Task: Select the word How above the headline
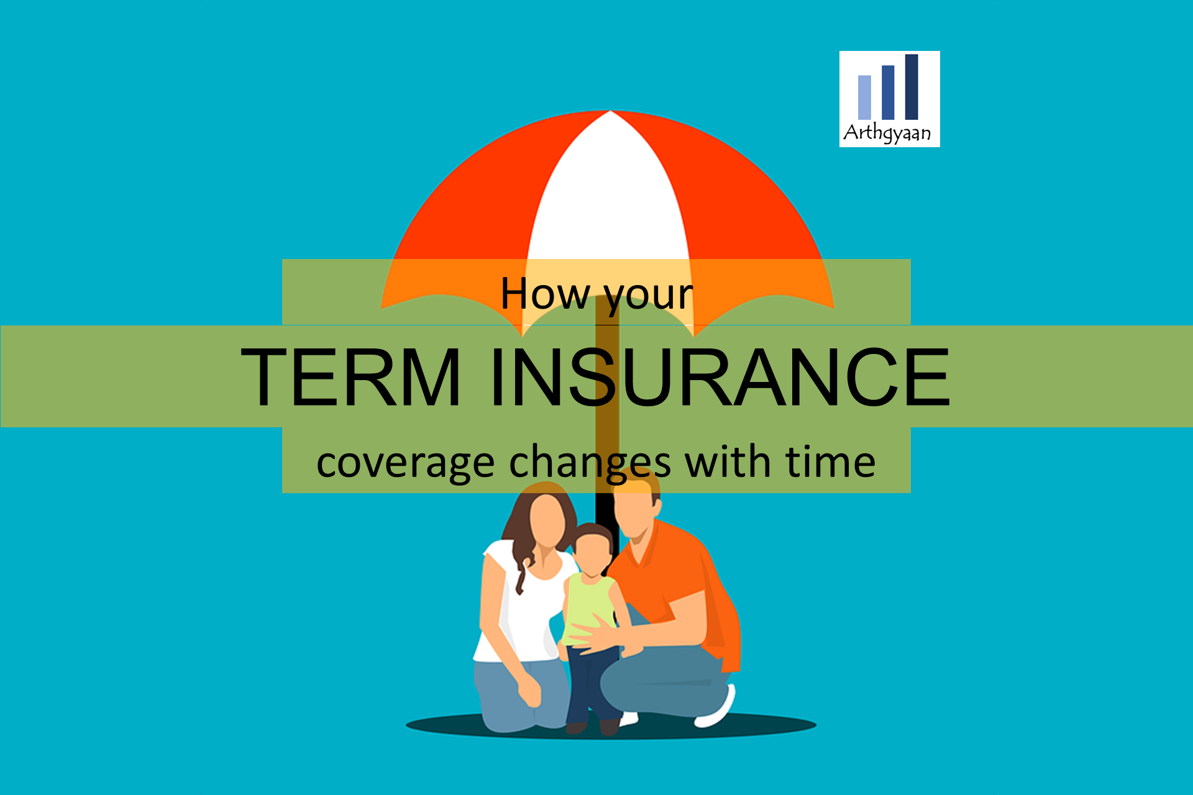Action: tap(546, 293)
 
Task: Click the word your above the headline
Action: tap(649, 298)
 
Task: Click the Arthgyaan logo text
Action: tap(887, 132)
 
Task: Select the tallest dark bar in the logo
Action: tap(912, 87)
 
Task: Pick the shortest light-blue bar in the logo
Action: tap(864, 98)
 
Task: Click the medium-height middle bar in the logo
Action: tap(888, 93)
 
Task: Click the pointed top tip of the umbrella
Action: tap(611, 111)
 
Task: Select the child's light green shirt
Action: tap(588, 611)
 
